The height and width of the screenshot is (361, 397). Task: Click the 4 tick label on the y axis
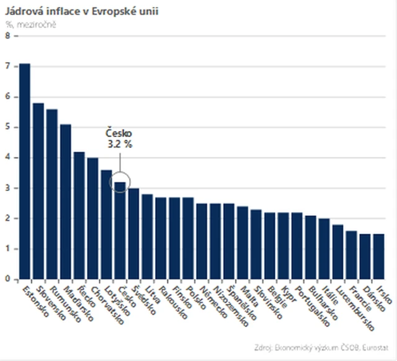(7, 158)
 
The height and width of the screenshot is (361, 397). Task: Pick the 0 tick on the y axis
(7, 279)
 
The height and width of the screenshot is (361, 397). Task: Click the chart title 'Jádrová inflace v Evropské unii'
(81, 11)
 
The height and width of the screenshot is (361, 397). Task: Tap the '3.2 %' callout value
(118, 145)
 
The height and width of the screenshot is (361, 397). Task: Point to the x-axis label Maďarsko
(78, 303)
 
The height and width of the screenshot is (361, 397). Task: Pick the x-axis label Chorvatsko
(104, 304)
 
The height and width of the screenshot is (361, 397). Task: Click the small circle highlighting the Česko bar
(120, 181)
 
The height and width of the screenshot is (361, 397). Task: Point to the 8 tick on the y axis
(7, 36)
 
